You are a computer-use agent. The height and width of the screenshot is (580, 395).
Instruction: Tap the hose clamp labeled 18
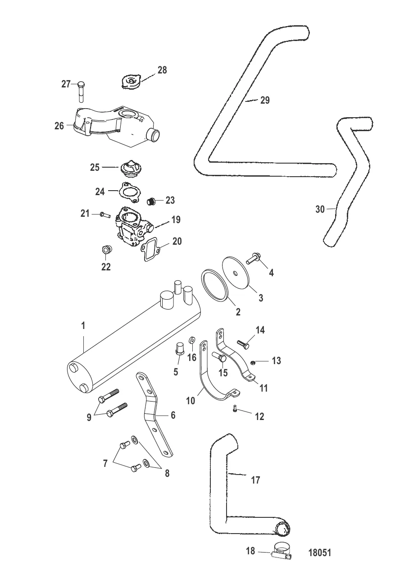coord(281,554)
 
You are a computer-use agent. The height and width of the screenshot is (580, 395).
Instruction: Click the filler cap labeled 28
coord(132,82)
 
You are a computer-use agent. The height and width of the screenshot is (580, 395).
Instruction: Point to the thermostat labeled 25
coord(131,169)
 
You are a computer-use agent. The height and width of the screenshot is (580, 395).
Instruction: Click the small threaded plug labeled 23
coord(151,201)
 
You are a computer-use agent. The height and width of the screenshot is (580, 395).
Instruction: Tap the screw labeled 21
coord(105,215)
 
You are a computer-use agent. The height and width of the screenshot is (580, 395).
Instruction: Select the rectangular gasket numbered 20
coord(151,250)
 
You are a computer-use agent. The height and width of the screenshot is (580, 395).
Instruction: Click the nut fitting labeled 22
coord(105,250)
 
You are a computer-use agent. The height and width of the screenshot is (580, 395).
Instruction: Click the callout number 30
coord(320,209)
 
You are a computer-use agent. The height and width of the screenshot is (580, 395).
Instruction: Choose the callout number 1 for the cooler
coord(83,326)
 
